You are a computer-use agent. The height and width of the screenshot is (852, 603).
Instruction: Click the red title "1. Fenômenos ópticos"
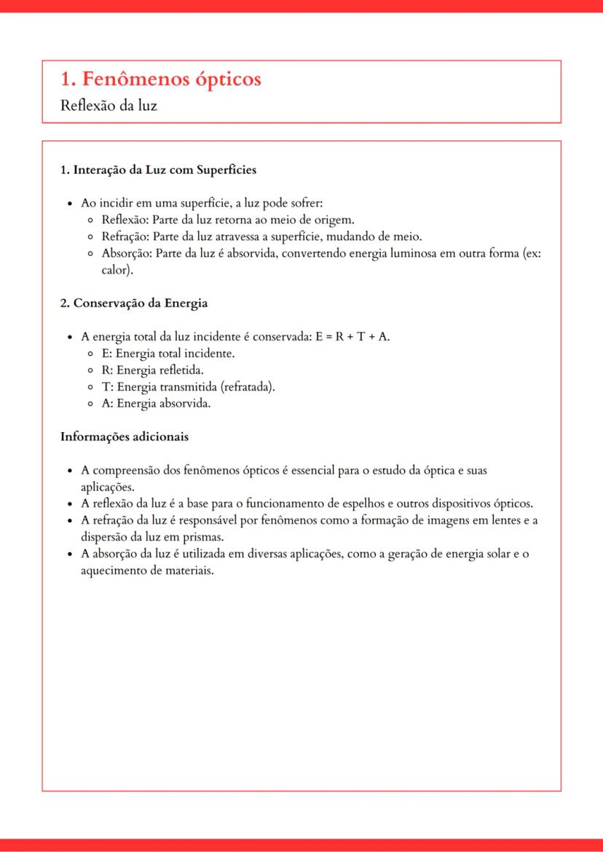(160, 79)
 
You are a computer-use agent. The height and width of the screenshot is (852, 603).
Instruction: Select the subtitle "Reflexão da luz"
(109, 105)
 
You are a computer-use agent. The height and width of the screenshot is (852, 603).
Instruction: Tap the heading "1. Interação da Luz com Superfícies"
(158, 170)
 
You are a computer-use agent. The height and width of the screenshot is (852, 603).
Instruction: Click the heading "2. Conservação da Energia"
(134, 303)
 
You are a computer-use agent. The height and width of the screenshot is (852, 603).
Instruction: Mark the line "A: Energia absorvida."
(156, 404)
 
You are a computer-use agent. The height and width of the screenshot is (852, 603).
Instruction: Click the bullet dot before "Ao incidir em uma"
(68, 204)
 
